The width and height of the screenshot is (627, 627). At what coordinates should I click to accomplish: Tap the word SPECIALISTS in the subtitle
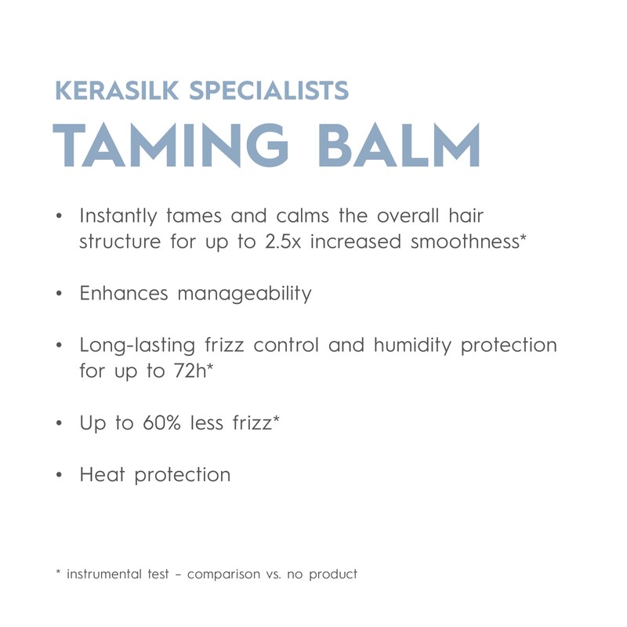(x=268, y=90)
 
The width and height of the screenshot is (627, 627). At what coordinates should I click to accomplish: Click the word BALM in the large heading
(x=405, y=145)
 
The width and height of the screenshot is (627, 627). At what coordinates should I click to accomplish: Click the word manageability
(x=245, y=295)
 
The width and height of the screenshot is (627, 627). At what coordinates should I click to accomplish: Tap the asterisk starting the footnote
(x=59, y=573)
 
